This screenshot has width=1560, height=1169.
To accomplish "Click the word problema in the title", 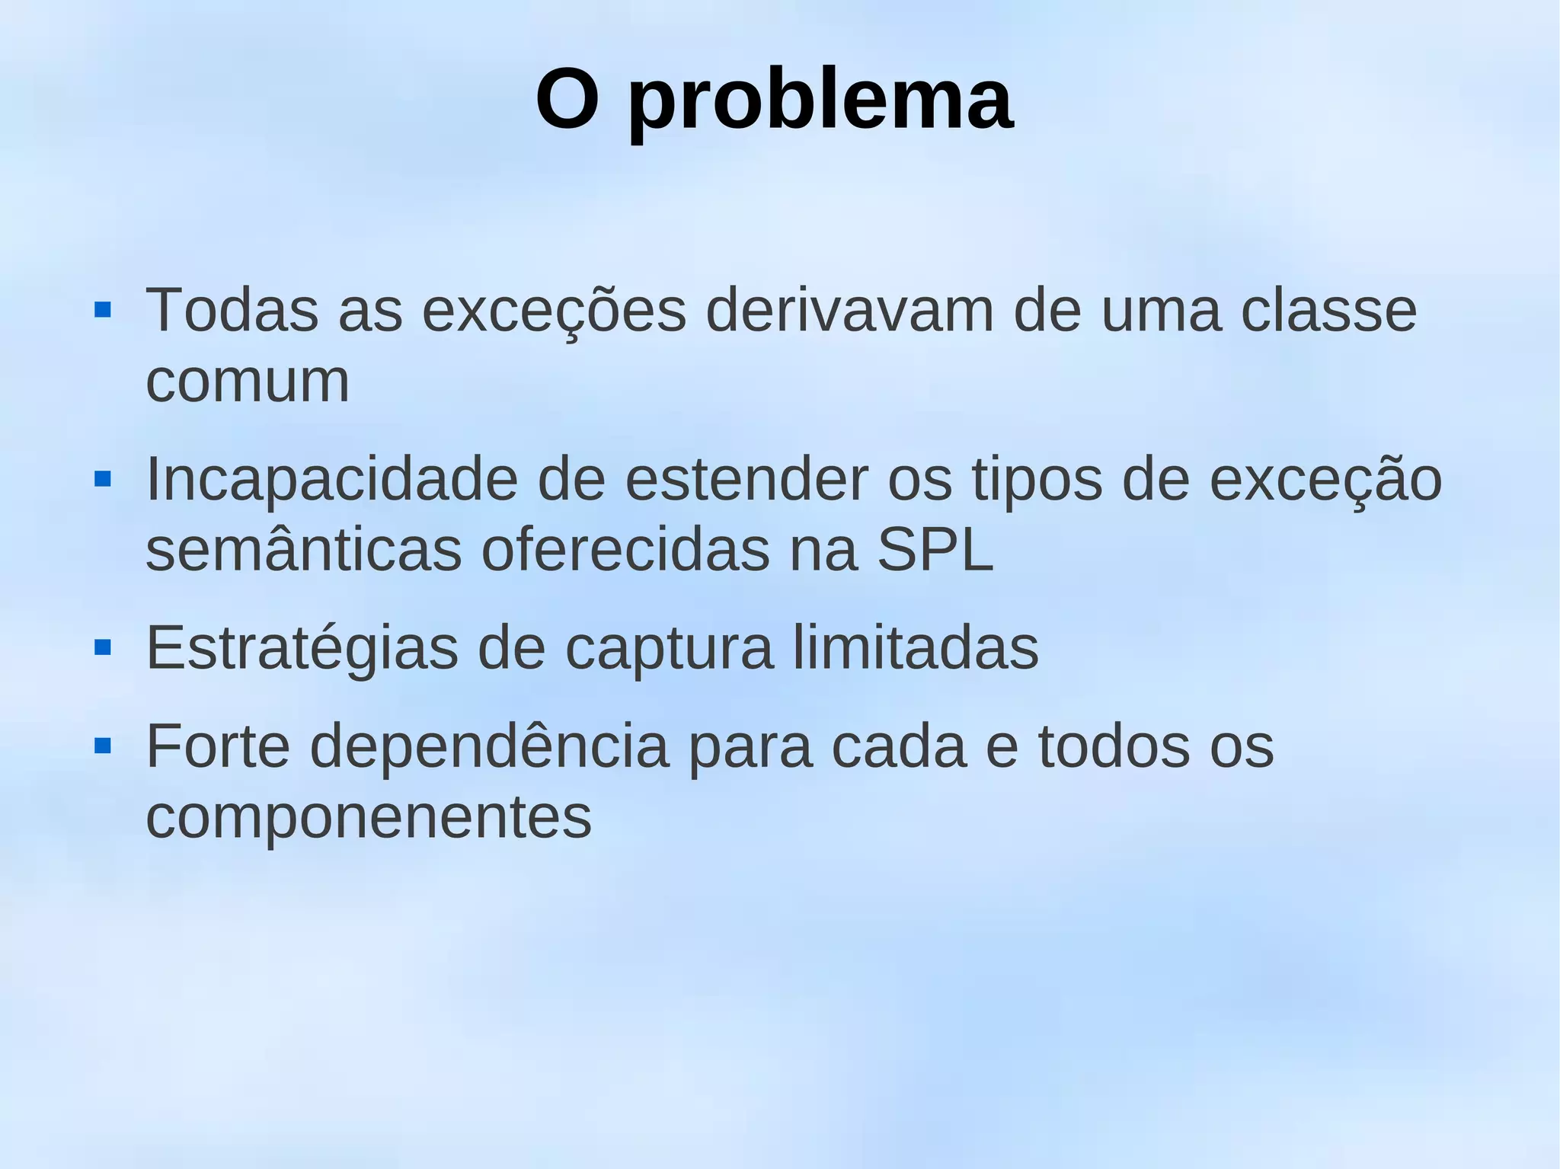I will tap(820, 103).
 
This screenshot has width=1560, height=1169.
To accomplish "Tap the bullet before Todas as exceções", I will tap(102, 310).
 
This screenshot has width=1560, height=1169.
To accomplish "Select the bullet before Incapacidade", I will tap(102, 479).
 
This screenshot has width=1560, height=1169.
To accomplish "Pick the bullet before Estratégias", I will tap(102, 648).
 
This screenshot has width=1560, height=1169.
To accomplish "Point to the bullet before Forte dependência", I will tap(102, 746).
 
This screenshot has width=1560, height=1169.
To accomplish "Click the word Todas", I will tap(232, 310).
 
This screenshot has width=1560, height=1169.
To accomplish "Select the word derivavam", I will tap(849, 310).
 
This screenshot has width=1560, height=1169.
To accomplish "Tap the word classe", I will tap(1328, 310).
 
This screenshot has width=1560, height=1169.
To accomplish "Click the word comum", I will tap(247, 381).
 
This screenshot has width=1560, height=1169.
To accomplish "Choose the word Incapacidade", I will tap(331, 479).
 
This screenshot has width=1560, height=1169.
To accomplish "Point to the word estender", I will tap(746, 479).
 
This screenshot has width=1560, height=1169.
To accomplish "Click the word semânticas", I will tap(303, 550).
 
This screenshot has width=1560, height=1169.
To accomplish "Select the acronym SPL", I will tap(935, 550).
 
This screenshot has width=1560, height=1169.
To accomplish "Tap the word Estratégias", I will tap(302, 648).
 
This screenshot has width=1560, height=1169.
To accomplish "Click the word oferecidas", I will tap(625, 550).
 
